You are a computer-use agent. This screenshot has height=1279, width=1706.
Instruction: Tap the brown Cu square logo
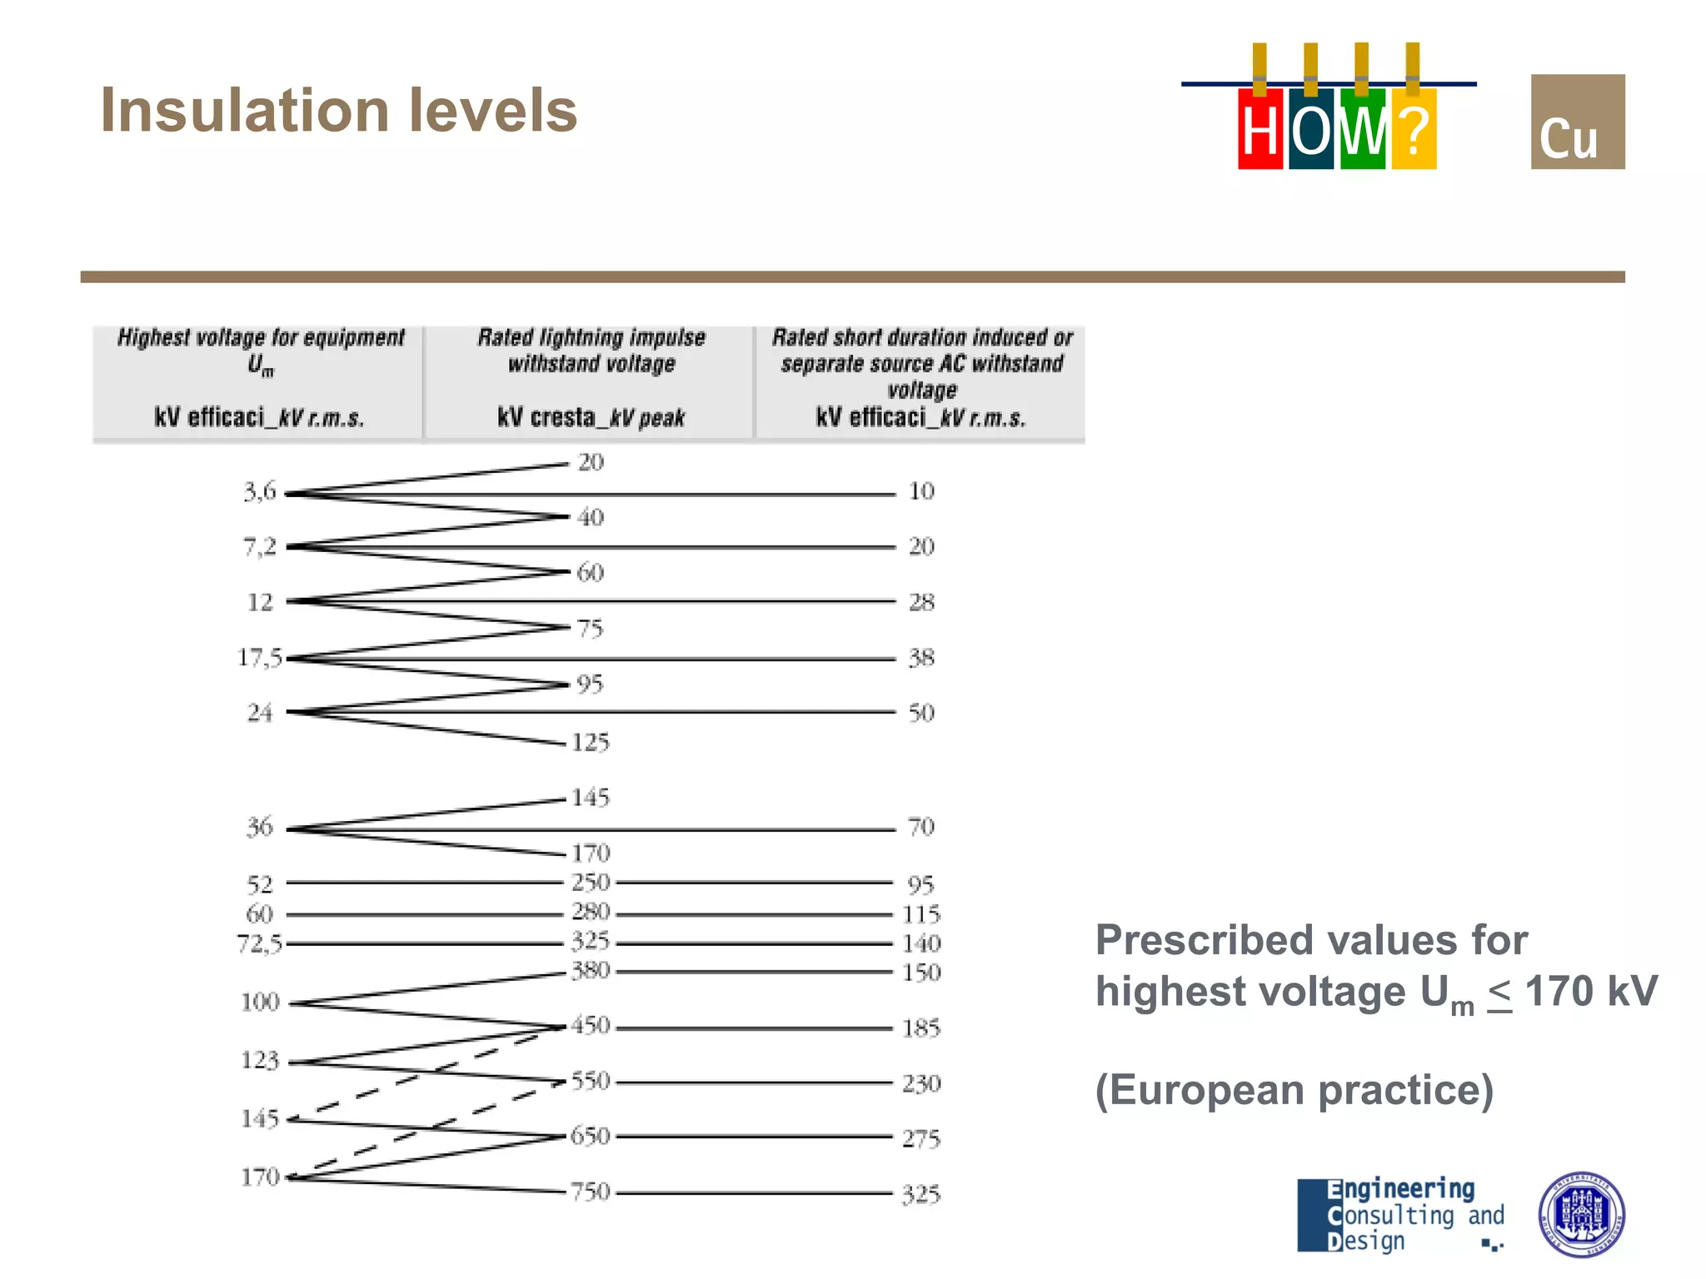tap(1577, 122)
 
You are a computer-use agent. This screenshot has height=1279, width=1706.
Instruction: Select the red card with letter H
tap(1260, 130)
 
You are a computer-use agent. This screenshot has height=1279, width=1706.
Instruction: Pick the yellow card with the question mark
tap(1414, 130)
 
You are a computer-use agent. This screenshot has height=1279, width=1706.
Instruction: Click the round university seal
tap(1580, 1214)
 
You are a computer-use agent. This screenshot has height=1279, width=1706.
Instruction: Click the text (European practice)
tap(1294, 1090)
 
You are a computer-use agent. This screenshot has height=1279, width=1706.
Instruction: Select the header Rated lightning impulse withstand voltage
tap(591, 351)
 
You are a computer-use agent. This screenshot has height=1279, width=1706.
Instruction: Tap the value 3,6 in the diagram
tap(259, 491)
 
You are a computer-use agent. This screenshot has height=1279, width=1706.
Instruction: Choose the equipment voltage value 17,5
tap(260, 658)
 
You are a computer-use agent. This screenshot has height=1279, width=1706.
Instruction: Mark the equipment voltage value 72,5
tap(259, 943)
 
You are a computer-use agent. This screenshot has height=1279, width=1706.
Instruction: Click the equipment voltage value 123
tap(259, 1060)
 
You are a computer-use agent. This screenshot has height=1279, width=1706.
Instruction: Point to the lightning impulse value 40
tap(591, 517)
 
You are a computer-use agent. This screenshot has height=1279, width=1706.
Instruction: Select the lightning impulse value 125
tap(591, 742)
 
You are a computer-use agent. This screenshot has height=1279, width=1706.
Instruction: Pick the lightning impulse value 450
tap(591, 1025)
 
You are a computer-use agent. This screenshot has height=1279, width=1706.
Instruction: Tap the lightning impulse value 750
tap(591, 1192)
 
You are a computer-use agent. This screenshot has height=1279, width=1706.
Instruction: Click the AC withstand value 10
tap(921, 491)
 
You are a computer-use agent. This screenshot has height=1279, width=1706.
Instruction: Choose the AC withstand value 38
tap(921, 658)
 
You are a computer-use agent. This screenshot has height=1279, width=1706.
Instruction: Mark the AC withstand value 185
tap(921, 1028)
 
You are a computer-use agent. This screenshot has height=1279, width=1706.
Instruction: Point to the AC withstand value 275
tap(921, 1138)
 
